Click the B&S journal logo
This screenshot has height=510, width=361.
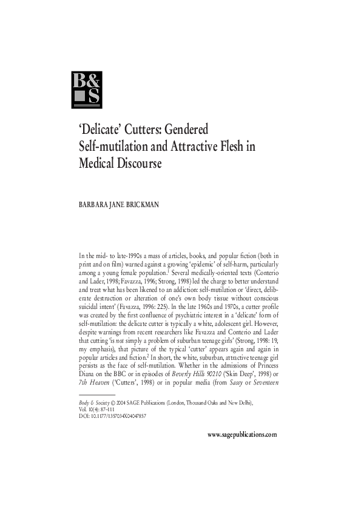pyautogui.click(x=87, y=90)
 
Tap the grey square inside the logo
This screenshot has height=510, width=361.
pyautogui.click(x=80, y=98)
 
